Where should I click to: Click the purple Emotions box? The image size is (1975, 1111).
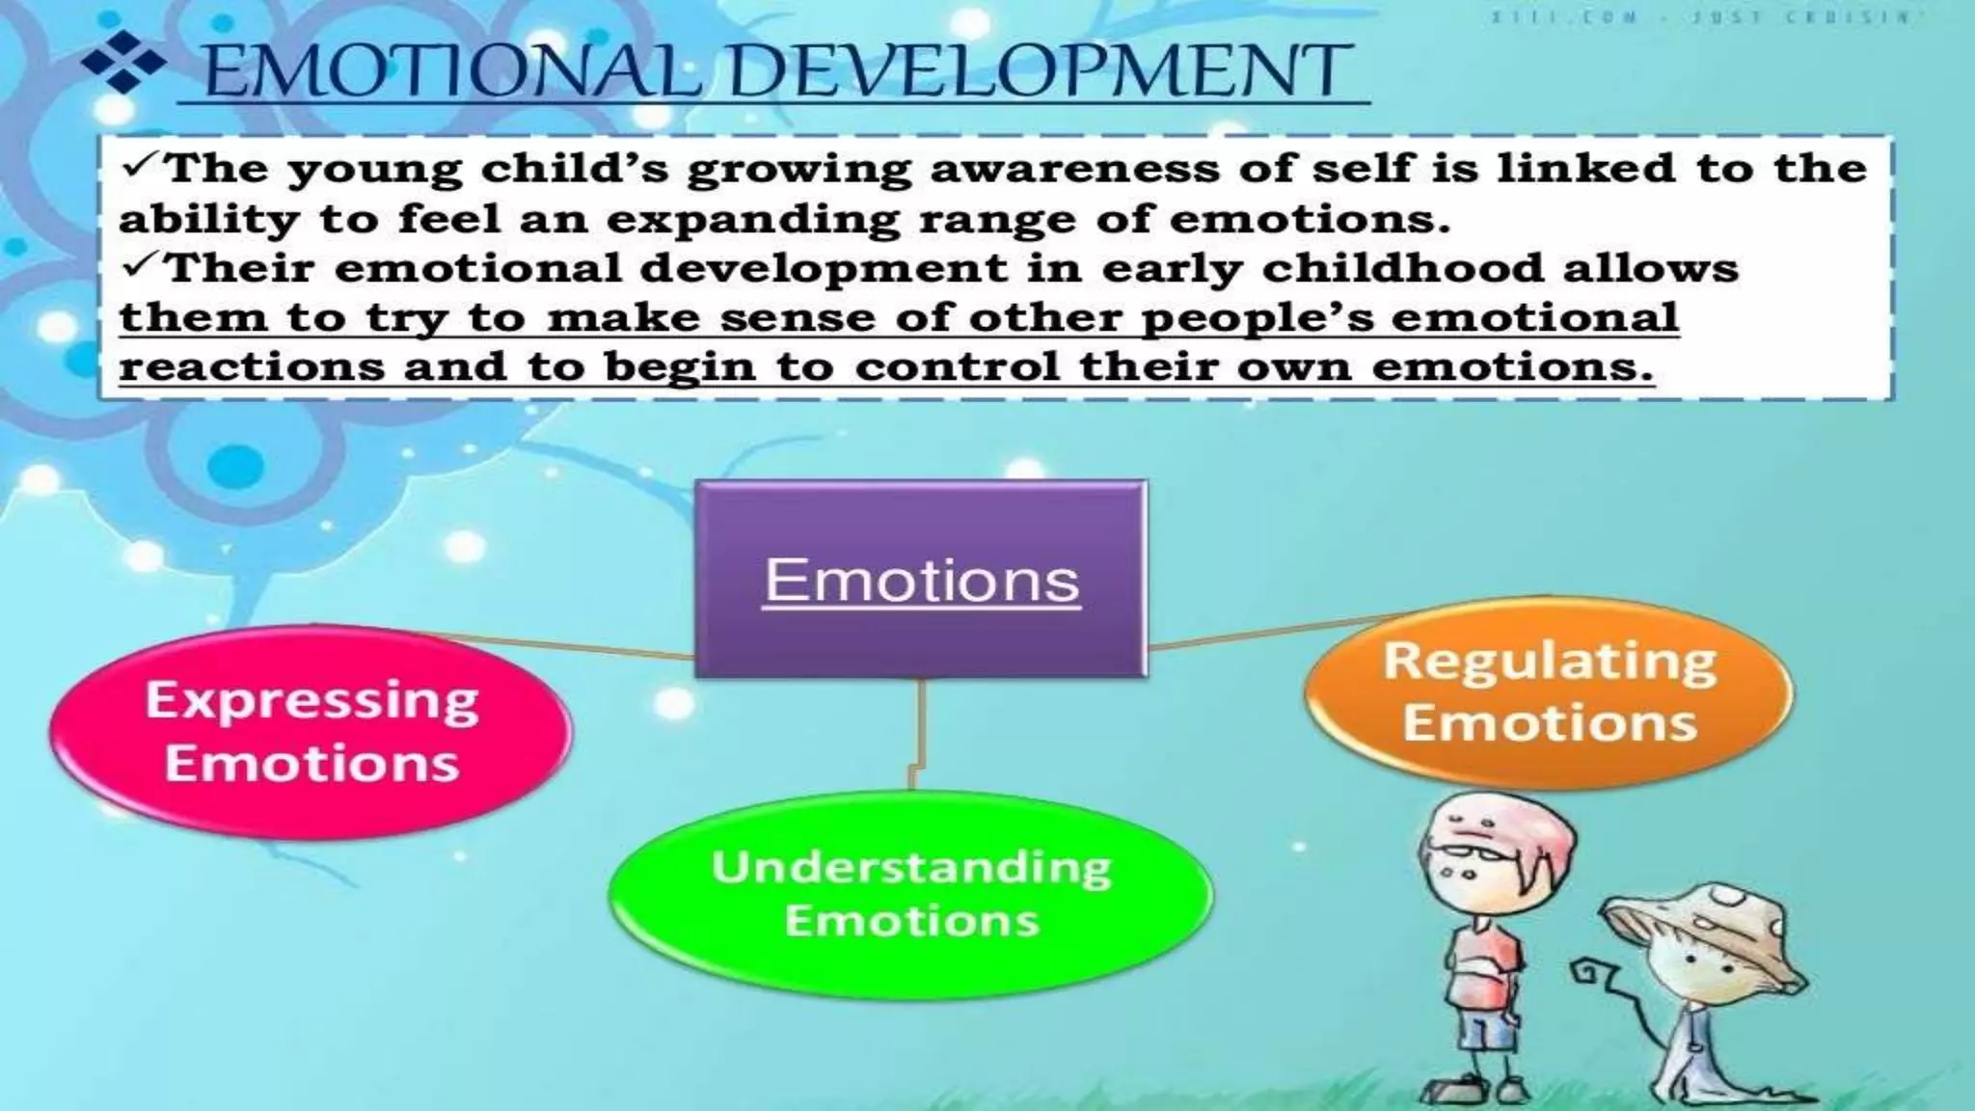pos(921,579)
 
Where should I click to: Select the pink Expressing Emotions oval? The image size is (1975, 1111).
pos(311,730)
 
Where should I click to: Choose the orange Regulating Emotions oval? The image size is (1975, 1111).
pos(1549,691)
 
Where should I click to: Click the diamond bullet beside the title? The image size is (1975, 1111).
pos(122,62)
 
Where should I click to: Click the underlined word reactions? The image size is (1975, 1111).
pos(251,367)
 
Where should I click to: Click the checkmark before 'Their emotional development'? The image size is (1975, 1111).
pos(142,266)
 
